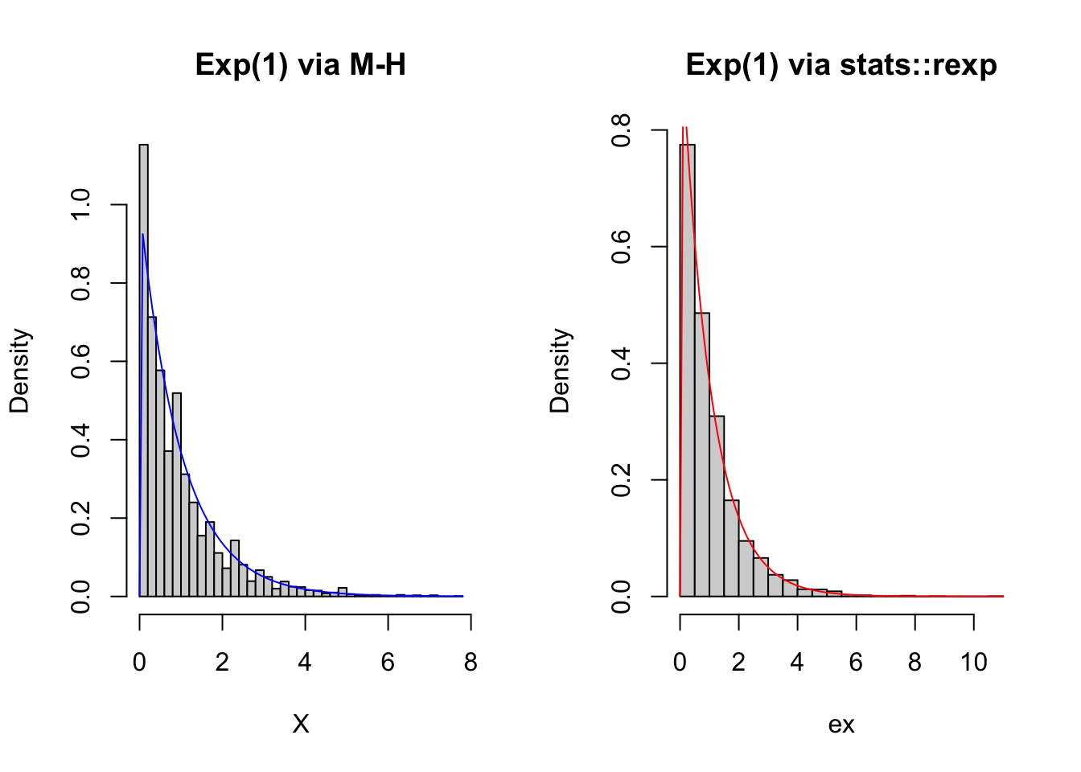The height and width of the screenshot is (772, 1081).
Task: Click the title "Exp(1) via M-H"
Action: coord(300,64)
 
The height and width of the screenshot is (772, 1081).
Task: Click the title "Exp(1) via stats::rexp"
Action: coord(841,64)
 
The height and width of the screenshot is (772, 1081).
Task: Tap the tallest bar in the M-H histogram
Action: coord(144,370)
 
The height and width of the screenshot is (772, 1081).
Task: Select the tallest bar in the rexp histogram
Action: coord(688,370)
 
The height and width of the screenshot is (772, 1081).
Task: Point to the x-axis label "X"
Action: coord(300,725)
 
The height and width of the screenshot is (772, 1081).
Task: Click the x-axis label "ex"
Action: coord(841,725)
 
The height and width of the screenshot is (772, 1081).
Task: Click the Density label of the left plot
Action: coord(19,371)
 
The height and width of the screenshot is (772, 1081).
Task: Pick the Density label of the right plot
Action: coord(560,371)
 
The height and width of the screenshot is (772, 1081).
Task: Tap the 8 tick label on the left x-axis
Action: coord(471,663)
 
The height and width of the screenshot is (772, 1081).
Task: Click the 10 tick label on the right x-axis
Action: coord(973,663)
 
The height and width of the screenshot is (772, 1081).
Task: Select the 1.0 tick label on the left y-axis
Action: coord(80,205)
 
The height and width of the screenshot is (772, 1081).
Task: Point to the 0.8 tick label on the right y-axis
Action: coord(621,129)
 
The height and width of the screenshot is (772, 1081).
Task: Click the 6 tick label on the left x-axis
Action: coord(388,663)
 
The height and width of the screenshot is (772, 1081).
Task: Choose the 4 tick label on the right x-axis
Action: coord(797,663)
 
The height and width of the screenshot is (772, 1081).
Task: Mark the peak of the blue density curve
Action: coord(143,235)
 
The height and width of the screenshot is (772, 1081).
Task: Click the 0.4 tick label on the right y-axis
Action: coord(621,363)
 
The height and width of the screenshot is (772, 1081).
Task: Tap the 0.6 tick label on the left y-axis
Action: coord(80,361)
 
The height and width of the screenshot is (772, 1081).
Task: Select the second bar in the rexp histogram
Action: coord(702,454)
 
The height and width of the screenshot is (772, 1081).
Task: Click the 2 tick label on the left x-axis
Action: coord(222,663)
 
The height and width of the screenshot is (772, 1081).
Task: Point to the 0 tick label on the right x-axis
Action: coord(680,663)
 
